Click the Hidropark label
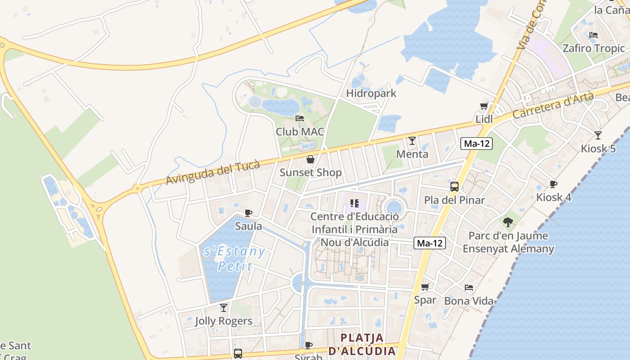pyautogui.click(x=371, y=93)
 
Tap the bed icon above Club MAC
pyautogui.click(x=300, y=118)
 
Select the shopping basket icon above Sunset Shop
pyautogui.click(x=310, y=159)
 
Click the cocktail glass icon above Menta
pyautogui.click(x=412, y=141)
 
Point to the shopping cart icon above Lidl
pyautogui.click(x=484, y=106)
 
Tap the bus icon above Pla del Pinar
pyautogui.click(x=454, y=187)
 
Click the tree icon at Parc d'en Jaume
pyautogui.click(x=508, y=222)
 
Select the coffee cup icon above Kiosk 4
pyautogui.click(x=553, y=184)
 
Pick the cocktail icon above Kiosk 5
pyautogui.click(x=598, y=135)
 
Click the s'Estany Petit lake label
pyautogui.click(x=234, y=258)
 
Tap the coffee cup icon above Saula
pyautogui.click(x=248, y=213)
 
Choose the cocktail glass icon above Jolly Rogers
pyautogui.click(x=224, y=308)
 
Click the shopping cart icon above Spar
pyautogui.click(x=425, y=287)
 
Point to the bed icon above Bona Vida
pyautogui.click(x=469, y=288)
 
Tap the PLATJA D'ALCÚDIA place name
pyautogui.click(x=362, y=344)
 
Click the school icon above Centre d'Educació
pyautogui.click(x=355, y=203)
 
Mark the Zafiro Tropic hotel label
pyautogui.click(x=594, y=48)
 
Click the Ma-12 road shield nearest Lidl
pyautogui.click(x=477, y=144)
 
